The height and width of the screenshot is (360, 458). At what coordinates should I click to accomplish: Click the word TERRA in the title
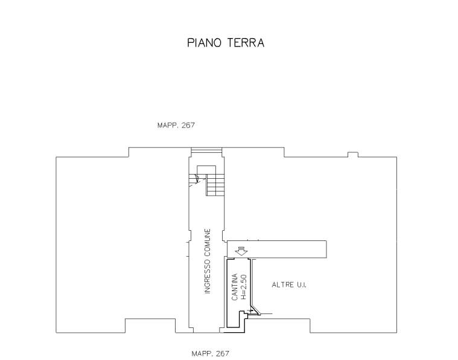[x=246, y=43]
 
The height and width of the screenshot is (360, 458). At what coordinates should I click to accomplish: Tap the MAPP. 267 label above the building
[x=176, y=125]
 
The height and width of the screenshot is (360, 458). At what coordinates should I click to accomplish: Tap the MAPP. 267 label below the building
[x=211, y=353]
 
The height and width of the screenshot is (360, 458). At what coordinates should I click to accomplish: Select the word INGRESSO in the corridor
[x=208, y=277]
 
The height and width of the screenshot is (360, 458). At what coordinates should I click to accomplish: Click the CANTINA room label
[x=235, y=287]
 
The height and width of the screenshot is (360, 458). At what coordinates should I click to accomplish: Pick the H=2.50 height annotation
[x=244, y=287]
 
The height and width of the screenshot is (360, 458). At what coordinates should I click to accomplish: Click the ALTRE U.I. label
[x=289, y=285]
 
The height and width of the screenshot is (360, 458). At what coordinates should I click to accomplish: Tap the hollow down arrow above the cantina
[x=241, y=251]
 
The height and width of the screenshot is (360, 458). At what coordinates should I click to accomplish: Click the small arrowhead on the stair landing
[x=197, y=178]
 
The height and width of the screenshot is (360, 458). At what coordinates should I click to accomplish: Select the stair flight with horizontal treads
[x=215, y=185]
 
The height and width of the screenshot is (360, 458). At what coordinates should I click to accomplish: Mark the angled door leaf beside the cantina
[x=255, y=310]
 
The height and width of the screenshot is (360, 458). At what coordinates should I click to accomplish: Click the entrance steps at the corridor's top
[x=206, y=150]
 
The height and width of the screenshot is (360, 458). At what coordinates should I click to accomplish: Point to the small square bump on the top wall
[x=353, y=155]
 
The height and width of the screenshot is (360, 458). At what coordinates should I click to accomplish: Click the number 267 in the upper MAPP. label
[x=188, y=125]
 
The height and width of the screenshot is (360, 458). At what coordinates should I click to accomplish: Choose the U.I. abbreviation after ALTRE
[x=302, y=285]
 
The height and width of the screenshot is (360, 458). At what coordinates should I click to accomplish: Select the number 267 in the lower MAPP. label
[x=222, y=353]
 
